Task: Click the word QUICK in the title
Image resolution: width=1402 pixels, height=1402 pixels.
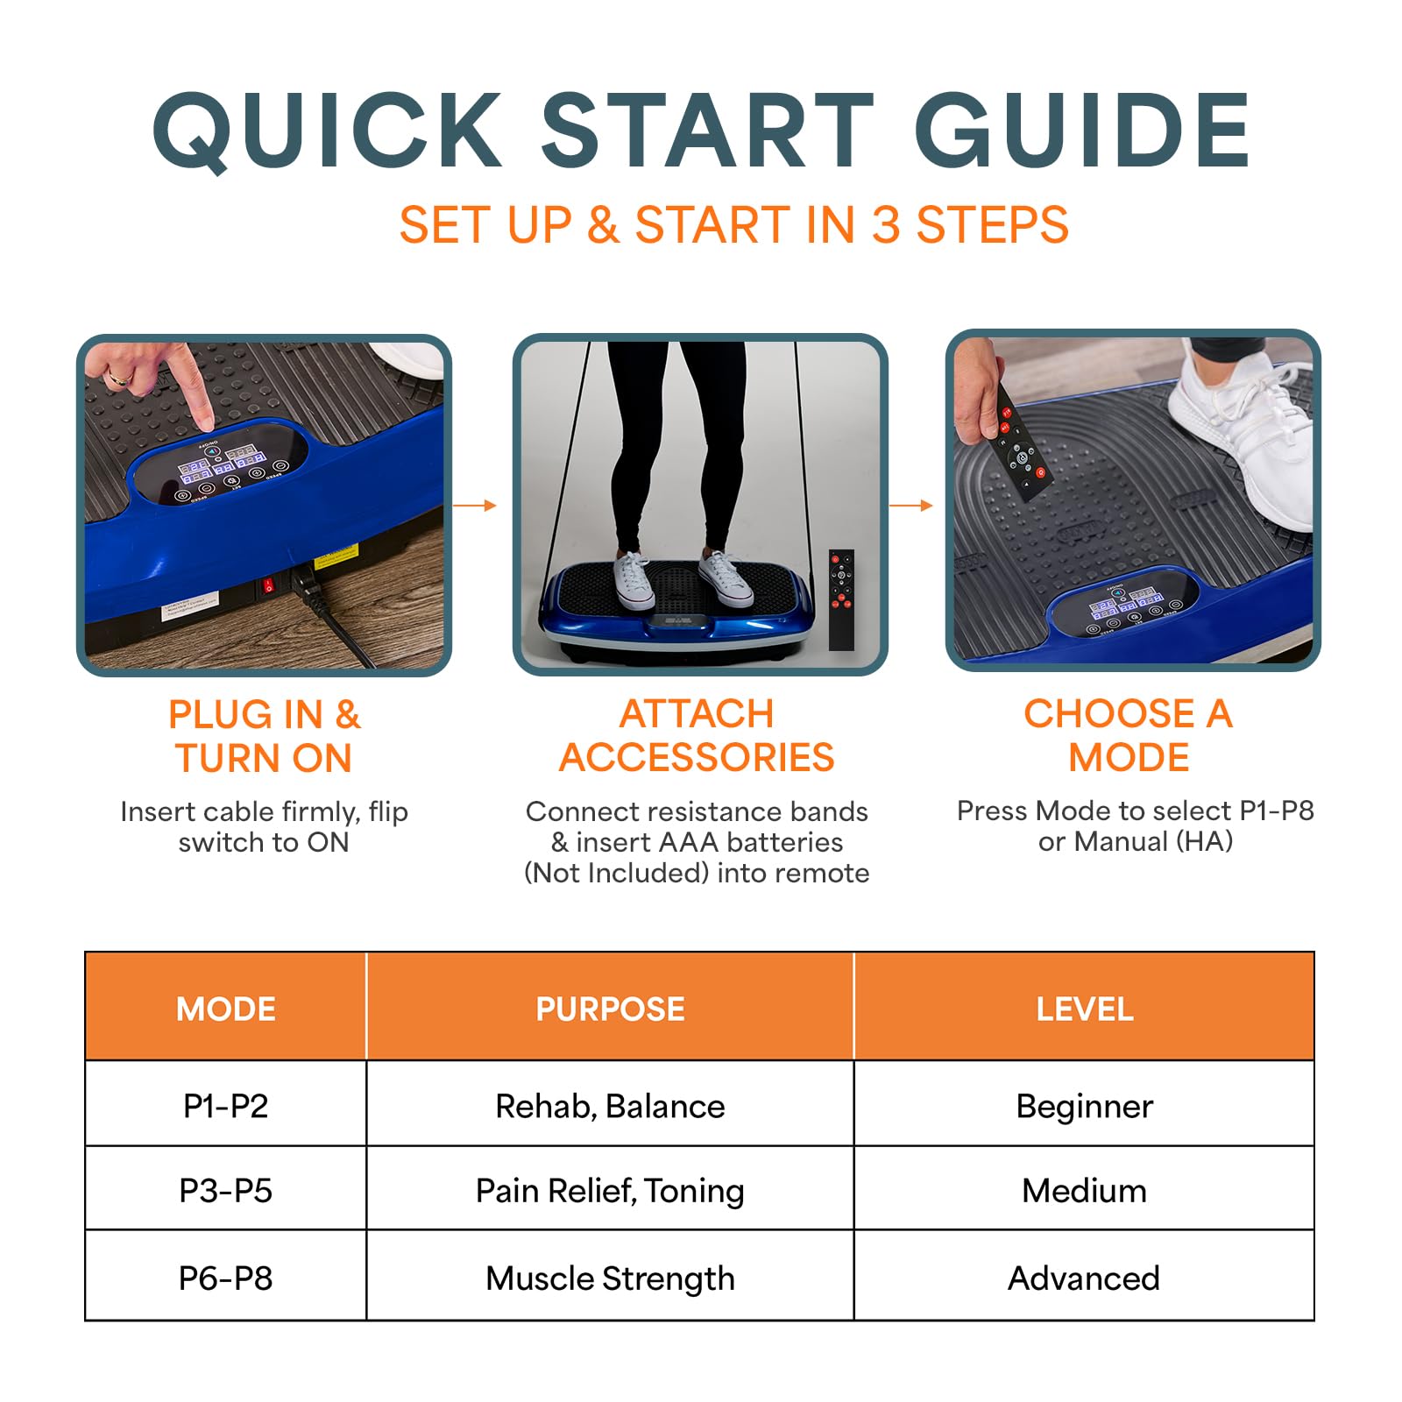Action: [327, 131]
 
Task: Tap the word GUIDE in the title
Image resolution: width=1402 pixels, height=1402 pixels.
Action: [1082, 131]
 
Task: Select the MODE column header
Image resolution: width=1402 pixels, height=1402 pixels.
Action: [226, 1009]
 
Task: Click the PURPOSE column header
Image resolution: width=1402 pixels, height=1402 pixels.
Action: [610, 1009]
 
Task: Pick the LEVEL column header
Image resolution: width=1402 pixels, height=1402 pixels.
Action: [1085, 1009]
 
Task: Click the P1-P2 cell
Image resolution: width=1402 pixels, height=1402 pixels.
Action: [226, 1106]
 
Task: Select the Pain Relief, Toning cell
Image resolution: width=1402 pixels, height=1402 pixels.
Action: [610, 1191]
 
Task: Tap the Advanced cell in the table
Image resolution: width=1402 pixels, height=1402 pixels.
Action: [1084, 1278]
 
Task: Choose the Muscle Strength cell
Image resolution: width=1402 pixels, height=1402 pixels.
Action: [610, 1278]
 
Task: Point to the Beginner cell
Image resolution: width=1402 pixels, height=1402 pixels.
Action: [1085, 1107]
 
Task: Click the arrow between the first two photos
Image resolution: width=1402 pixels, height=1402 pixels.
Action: [475, 506]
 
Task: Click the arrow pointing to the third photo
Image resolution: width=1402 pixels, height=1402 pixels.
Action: [911, 506]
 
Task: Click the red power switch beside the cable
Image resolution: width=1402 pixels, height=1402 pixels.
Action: [269, 584]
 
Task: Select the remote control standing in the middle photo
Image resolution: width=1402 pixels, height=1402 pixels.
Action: [841, 599]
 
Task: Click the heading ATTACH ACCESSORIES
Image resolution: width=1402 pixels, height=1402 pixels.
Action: [697, 735]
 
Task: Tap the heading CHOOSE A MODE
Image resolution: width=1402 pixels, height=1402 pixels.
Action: [1129, 735]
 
